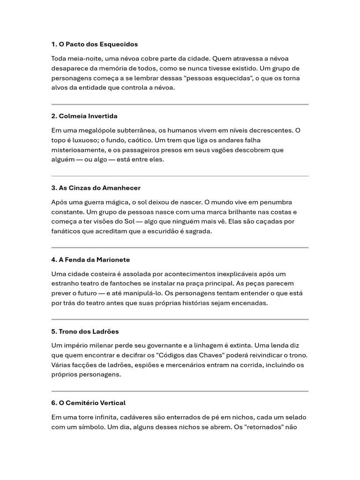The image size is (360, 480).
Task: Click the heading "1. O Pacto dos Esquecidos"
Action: (x=95, y=44)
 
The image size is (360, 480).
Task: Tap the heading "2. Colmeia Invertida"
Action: (x=84, y=116)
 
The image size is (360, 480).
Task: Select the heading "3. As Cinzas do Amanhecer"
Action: (x=96, y=187)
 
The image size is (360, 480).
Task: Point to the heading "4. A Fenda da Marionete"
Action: (x=90, y=259)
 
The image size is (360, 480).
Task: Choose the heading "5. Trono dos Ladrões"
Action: (x=85, y=331)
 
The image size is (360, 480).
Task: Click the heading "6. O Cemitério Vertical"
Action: (x=88, y=403)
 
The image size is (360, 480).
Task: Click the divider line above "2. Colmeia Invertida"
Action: (x=180, y=104)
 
